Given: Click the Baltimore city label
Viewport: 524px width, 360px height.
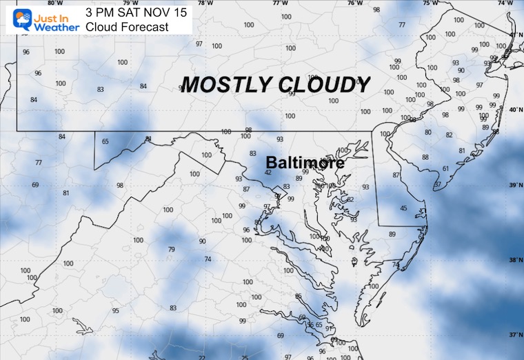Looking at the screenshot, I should (x=305, y=163).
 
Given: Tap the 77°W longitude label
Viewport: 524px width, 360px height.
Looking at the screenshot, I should (x=280, y=3).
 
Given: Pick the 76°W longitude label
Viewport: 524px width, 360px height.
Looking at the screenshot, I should (x=354, y=3).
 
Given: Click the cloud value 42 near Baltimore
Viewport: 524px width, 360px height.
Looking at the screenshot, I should (x=268, y=172).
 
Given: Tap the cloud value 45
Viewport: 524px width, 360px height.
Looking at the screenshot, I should (x=403, y=209).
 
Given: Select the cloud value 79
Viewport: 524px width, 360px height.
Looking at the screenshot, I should (x=172, y=250).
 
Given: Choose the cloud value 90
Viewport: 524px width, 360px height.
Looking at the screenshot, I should (x=202, y=241).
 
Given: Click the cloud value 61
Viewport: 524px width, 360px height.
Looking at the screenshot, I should (x=446, y=169).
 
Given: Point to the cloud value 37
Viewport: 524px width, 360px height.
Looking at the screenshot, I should (x=437, y=184).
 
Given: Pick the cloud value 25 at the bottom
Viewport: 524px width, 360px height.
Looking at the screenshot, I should (x=245, y=357).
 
